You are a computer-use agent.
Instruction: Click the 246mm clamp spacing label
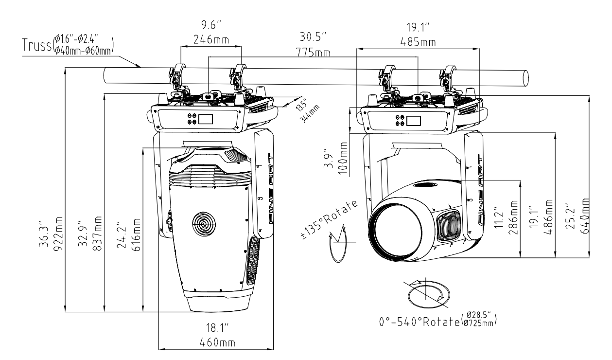210,40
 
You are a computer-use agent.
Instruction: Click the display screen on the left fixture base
207,120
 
